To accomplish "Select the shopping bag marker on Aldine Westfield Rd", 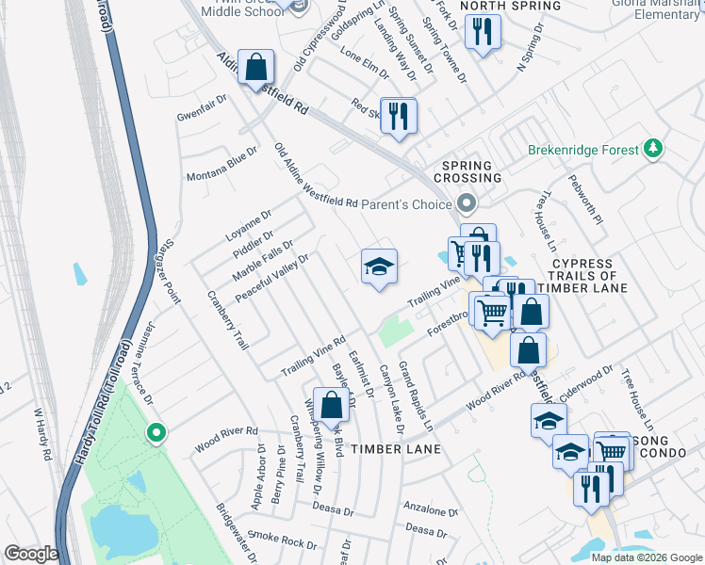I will point(255,68).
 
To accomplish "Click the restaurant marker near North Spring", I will point(483,33).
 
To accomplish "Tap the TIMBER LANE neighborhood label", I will point(395,450).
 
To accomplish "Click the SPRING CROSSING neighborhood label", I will point(467,171).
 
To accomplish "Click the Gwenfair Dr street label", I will point(204,108).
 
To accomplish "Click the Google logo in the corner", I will point(31,554).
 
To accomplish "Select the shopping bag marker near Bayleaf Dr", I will point(332,405).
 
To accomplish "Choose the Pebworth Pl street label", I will point(584,200).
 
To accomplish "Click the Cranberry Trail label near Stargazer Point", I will point(227,321).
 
